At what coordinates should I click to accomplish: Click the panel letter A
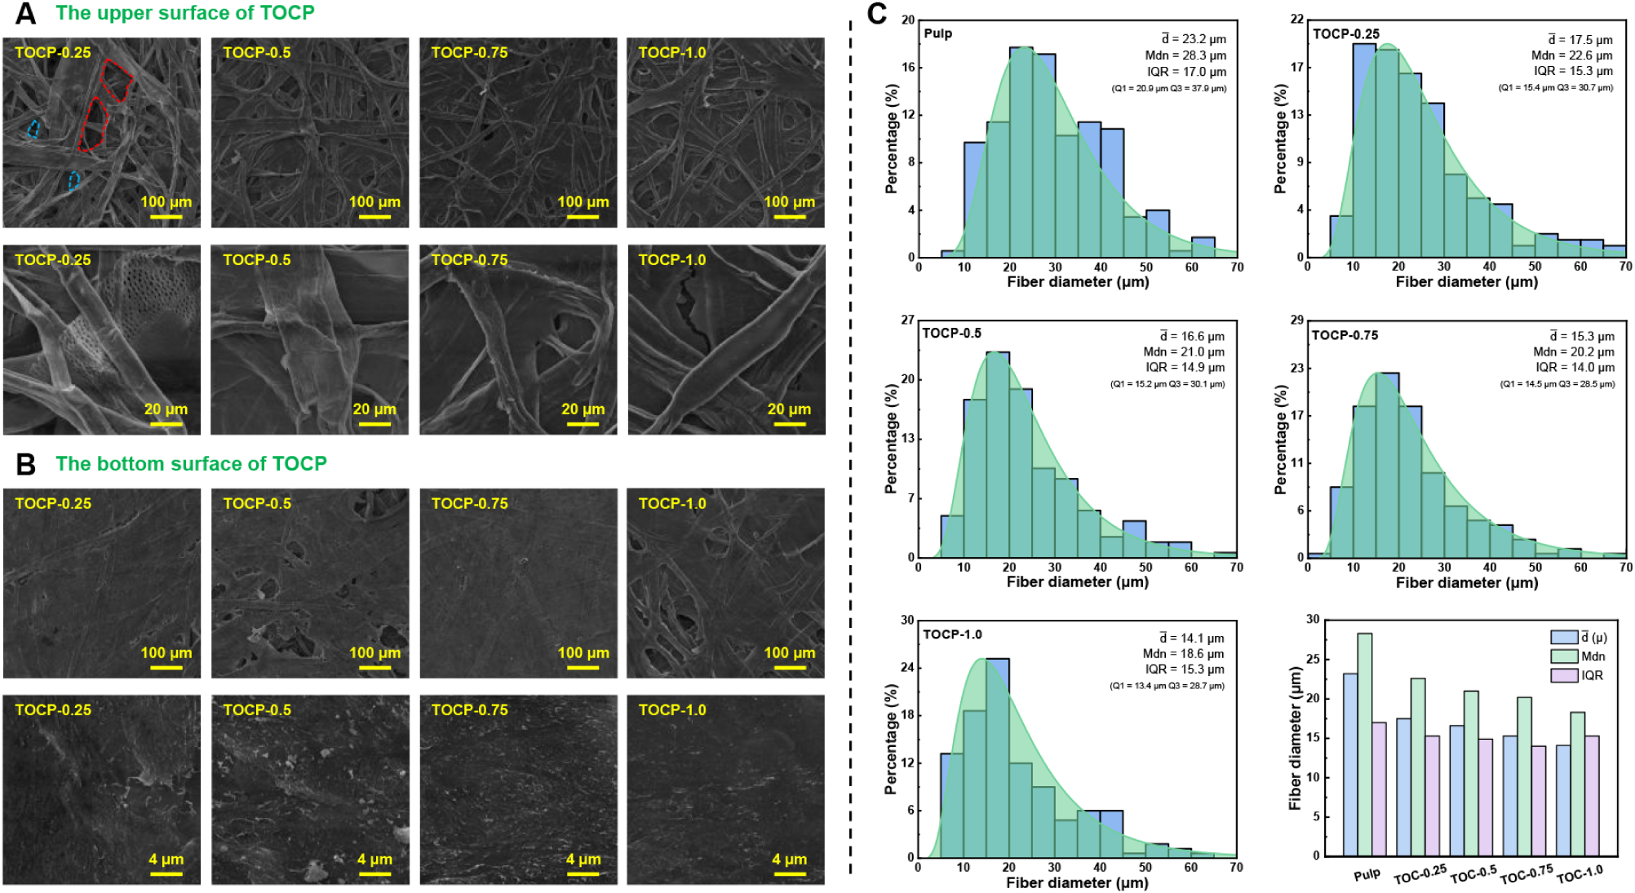tap(25, 14)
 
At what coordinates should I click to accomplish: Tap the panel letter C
tap(876, 14)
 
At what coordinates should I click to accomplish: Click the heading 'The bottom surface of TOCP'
tap(191, 464)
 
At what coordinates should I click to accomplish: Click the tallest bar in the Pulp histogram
tap(1021, 153)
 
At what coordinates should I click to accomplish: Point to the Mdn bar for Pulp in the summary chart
tap(1364, 744)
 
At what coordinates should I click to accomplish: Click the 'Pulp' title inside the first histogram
tap(937, 33)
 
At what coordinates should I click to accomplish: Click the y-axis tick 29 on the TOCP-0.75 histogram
tap(1296, 320)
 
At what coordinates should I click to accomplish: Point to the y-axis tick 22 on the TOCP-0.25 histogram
tap(1296, 20)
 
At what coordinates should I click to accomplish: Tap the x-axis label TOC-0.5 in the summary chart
tap(1473, 874)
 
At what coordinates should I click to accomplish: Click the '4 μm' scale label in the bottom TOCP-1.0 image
tap(789, 859)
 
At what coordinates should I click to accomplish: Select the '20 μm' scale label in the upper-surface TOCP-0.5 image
tap(374, 409)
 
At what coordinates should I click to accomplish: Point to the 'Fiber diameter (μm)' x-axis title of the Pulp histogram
tap(1078, 282)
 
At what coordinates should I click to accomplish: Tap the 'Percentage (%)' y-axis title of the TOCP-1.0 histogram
tap(891, 739)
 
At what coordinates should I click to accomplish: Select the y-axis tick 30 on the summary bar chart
tap(1313, 619)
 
